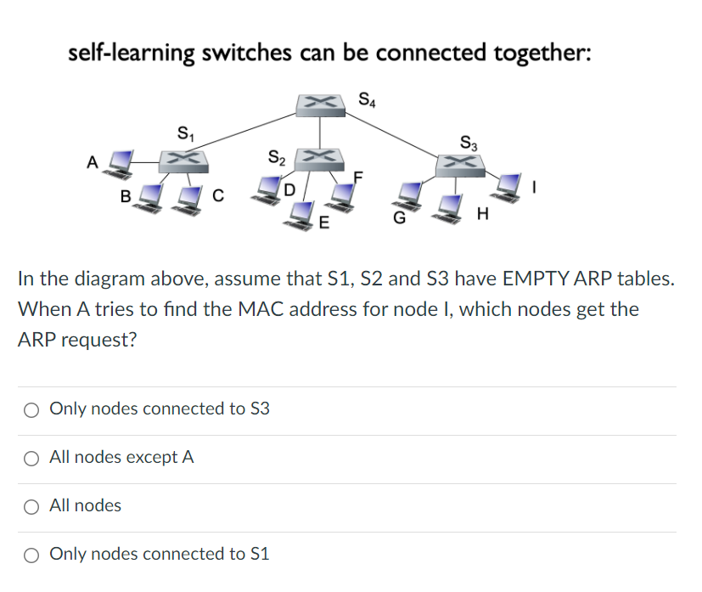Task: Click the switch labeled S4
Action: coord(319,104)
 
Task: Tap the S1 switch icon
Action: coord(184,158)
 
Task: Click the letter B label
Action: coord(125,198)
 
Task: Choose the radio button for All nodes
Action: coord(31,506)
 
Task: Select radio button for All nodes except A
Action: coord(31,458)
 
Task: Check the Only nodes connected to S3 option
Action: coord(31,409)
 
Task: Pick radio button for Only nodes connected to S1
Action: coord(31,555)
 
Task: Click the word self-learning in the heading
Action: coord(130,53)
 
